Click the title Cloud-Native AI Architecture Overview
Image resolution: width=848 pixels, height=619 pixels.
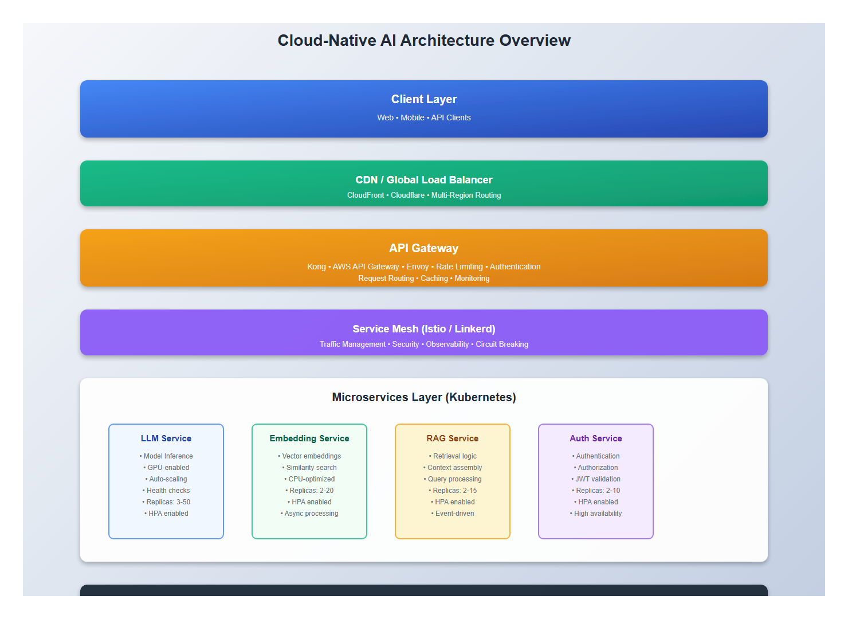pos(424,41)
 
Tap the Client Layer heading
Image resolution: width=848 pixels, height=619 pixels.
pos(424,99)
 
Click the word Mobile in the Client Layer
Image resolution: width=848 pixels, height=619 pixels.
pos(413,117)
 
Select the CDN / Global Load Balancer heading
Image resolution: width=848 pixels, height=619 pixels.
pos(424,180)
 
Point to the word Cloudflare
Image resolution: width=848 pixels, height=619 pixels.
pos(407,195)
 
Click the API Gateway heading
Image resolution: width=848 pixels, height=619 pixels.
pos(424,248)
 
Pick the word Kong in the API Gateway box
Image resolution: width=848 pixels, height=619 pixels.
pos(316,267)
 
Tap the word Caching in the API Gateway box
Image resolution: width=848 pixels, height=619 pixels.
pos(434,279)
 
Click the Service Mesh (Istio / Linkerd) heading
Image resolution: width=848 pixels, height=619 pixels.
pos(424,329)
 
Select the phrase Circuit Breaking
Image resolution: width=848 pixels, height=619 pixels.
pos(502,344)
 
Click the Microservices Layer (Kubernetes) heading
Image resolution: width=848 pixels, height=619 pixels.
pos(424,397)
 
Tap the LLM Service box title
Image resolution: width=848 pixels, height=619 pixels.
pos(166,438)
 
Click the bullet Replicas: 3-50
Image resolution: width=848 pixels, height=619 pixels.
pos(168,502)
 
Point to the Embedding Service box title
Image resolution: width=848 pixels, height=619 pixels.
pos(309,438)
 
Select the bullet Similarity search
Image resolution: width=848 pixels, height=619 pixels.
pos(311,468)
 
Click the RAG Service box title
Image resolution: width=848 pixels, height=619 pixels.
pos(453,438)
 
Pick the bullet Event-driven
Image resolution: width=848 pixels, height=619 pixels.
pos(454,514)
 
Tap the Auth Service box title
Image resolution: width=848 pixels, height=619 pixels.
pos(596,438)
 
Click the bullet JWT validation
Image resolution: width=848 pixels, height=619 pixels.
pos(598,479)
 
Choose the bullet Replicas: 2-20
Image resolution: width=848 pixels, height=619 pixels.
pos(311,491)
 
